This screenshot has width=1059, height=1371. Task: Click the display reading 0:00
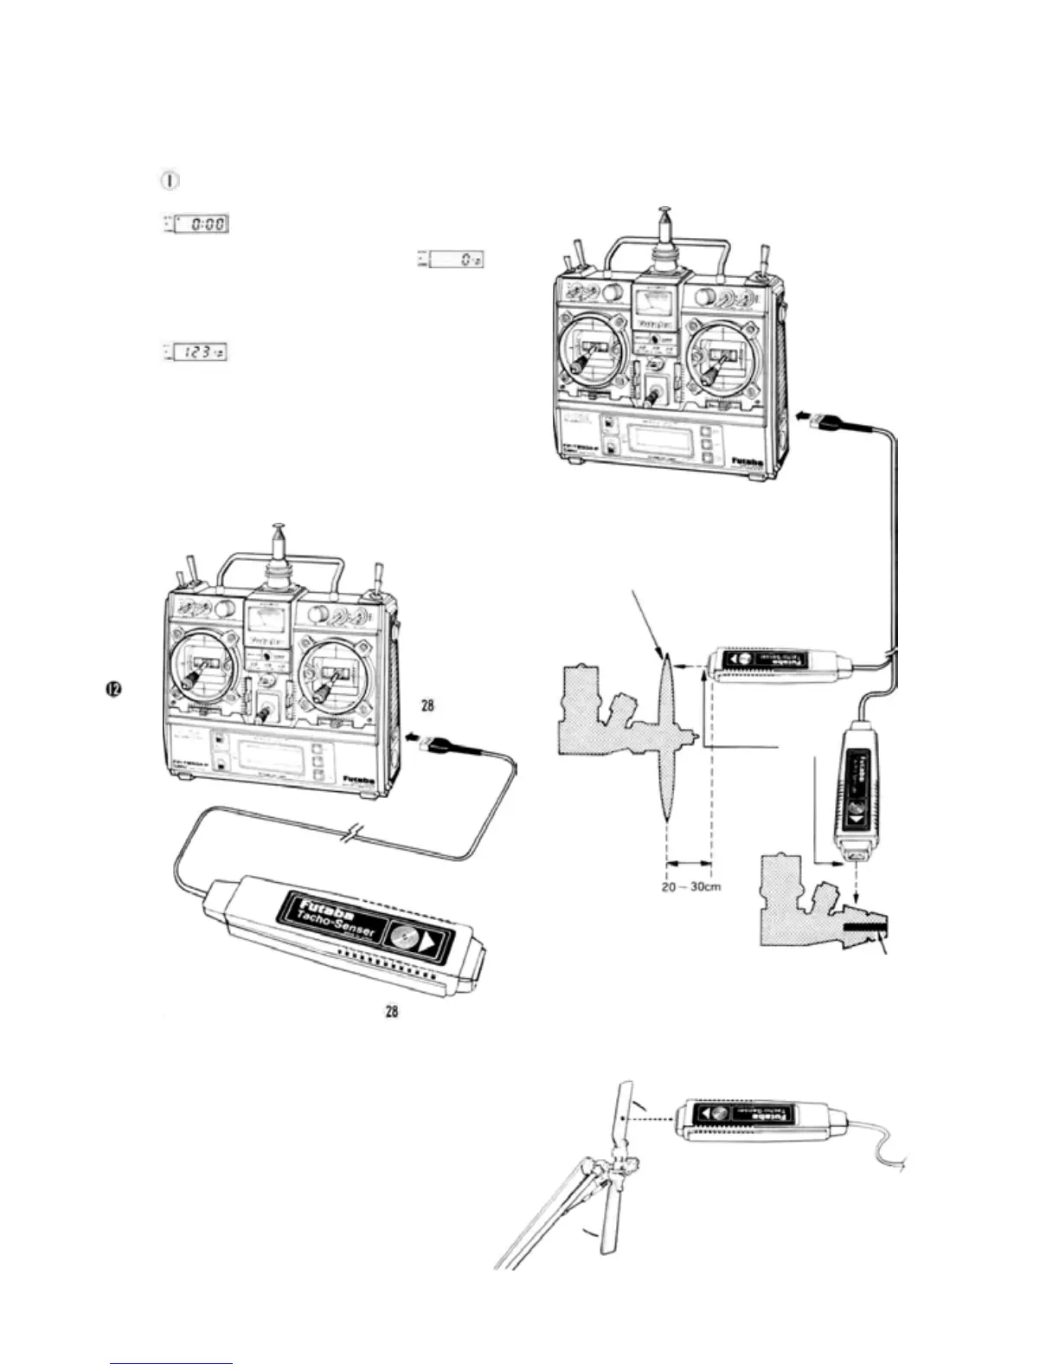(x=202, y=224)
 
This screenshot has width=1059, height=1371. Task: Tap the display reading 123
(x=202, y=352)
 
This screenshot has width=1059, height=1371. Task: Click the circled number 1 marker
(x=170, y=181)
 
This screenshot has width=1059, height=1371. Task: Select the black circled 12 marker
(x=112, y=689)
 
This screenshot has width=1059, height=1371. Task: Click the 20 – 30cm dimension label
(x=691, y=887)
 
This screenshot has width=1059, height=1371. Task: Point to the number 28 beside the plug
(x=427, y=705)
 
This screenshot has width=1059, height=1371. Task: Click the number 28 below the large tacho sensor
(x=392, y=1011)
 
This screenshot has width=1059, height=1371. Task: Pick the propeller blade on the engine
(x=665, y=736)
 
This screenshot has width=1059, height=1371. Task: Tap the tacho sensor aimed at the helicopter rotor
(x=754, y=1119)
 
